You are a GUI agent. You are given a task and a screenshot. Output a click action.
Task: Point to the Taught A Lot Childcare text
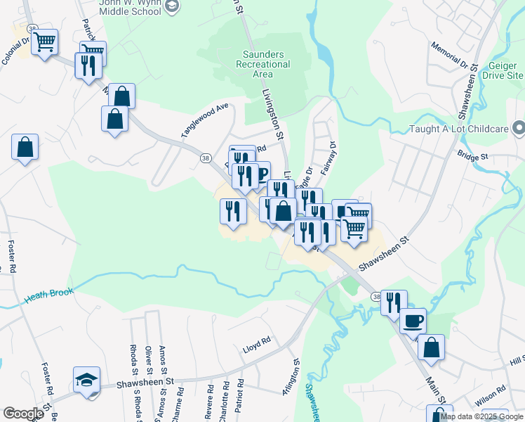[x=459, y=129]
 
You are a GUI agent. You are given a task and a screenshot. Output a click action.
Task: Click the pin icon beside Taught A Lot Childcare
[x=519, y=129]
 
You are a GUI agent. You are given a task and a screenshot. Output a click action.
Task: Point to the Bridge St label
[x=470, y=155]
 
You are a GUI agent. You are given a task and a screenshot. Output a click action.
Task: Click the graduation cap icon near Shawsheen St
[x=86, y=380]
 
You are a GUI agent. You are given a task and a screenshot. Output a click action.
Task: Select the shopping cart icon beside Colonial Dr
[x=44, y=41]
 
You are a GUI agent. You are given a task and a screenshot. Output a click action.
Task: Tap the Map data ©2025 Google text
[x=481, y=416]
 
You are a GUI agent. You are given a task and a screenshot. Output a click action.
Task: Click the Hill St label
[x=518, y=360]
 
